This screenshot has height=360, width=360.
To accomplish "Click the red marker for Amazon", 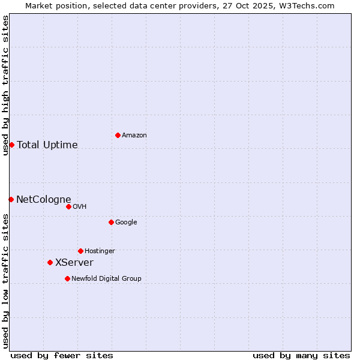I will click(118, 135).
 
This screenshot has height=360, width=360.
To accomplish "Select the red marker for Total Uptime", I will click(11, 145).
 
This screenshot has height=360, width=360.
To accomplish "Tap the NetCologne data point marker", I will click(11, 199).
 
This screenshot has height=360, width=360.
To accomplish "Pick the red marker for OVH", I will click(68, 206).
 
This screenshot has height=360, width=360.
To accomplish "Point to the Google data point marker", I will click(111, 222).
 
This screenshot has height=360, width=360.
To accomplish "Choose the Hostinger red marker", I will click(80, 251).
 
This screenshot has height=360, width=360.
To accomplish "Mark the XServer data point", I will click(50, 262).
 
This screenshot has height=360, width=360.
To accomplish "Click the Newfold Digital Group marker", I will click(67, 278).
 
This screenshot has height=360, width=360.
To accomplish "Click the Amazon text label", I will click(134, 136).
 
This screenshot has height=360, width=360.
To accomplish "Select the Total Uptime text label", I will click(47, 145).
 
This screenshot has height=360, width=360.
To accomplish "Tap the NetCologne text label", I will click(44, 200).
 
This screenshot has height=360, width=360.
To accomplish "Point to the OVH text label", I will click(80, 207).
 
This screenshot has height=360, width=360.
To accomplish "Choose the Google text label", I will click(126, 223).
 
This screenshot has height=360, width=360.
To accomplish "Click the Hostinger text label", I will click(100, 251).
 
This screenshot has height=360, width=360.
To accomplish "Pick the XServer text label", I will click(74, 263).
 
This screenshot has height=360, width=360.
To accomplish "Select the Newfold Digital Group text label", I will click(106, 279).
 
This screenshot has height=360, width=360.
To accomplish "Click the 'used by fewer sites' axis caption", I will click(62, 355).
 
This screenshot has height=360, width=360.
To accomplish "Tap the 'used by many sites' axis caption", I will click(301, 355).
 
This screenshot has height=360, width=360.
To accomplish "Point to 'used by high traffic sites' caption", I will click(5, 85).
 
